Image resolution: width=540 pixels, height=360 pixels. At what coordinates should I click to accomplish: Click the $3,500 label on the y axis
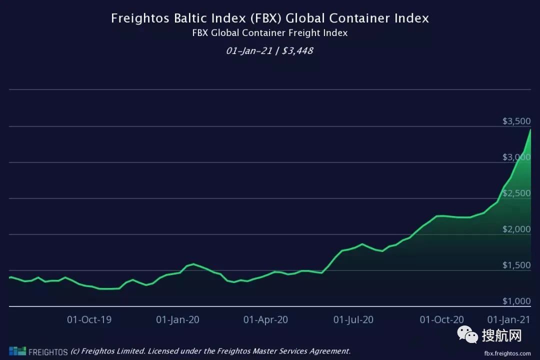[x=515, y=121]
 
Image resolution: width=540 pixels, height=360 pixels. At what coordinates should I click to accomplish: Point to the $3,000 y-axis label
[x=515, y=157]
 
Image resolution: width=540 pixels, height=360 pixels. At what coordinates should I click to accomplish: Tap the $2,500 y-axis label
[x=515, y=193]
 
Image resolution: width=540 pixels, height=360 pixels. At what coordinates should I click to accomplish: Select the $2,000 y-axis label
[x=515, y=229]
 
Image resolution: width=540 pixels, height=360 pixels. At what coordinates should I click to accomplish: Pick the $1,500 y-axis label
[x=515, y=265]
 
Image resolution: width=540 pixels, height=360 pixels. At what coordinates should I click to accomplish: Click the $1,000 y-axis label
[x=515, y=301]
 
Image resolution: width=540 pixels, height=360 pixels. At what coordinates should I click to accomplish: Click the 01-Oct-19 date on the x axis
[x=89, y=320]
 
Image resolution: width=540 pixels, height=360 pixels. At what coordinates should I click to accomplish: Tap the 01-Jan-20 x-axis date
[x=177, y=320]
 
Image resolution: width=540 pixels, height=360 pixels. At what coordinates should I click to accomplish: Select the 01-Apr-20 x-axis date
[x=265, y=320]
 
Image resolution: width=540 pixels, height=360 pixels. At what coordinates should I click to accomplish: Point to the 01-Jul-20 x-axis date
[x=353, y=320]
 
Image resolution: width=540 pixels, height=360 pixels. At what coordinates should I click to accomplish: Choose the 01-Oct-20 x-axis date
[x=441, y=320]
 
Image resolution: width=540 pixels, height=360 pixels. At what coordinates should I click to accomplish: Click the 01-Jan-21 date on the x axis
[x=508, y=320]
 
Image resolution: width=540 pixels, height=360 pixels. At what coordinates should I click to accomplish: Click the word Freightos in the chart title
[x=136, y=18]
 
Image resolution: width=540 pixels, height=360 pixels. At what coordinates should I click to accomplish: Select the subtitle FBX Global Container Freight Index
[x=270, y=33]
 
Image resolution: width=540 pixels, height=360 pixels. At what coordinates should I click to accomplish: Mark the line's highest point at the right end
[x=530, y=129]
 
